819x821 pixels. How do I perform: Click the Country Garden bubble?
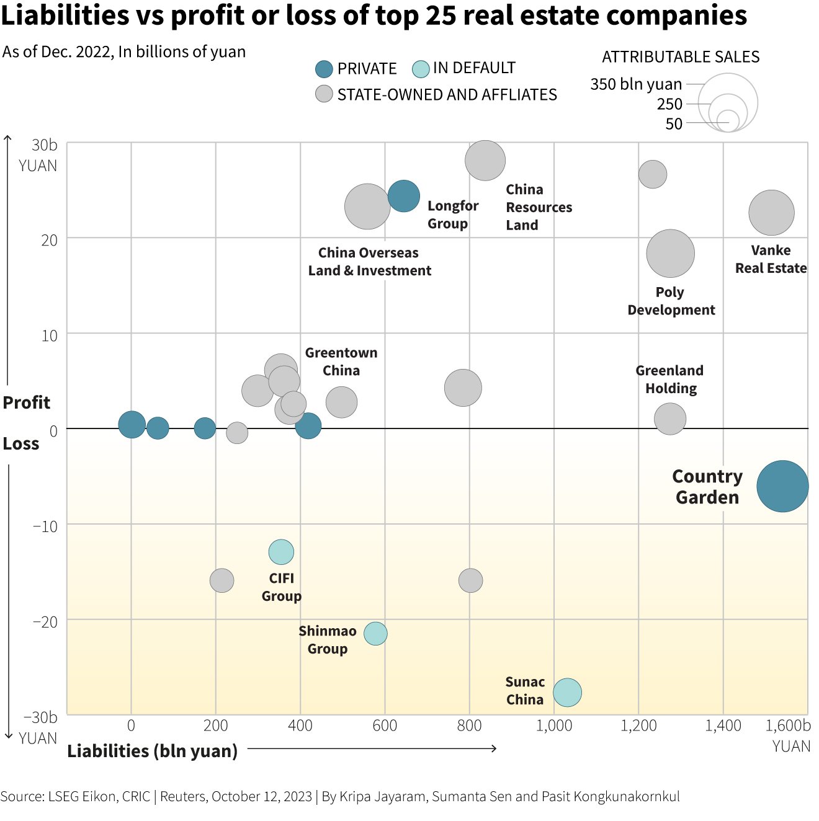click(x=782, y=486)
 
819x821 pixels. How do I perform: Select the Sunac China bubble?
click(x=567, y=692)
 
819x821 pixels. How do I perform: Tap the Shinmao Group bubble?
click(x=375, y=633)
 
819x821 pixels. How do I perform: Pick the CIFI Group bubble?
click(x=281, y=551)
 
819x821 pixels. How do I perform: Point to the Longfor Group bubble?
click(x=403, y=196)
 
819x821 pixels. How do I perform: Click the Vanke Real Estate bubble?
click(x=771, y=213)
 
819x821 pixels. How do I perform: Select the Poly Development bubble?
click(x=670, y=253)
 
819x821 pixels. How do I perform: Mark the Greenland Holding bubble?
click(x=670, y=419)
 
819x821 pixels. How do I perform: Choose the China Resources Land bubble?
click(x=485, y=161)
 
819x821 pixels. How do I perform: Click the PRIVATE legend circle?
click(x=324, y=69)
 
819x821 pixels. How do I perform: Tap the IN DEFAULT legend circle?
click(x=421, y=69)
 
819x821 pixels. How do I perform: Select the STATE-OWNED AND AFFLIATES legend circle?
click(x=324, y=94)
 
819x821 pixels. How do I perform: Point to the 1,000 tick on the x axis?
click(x=554, y=726)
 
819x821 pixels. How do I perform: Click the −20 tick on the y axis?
click(x=45, y=621)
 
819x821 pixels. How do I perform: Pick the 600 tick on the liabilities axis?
click(x=385, y=726)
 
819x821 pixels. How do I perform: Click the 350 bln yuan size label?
click(x=636, y=84)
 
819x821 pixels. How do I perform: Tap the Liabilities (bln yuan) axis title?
click(x=152, y=751)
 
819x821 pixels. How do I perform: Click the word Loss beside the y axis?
click(x=21, y=444)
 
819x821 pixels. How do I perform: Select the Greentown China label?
click(x=341, y=362)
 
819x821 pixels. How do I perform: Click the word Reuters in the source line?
click(x=182, y=796)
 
